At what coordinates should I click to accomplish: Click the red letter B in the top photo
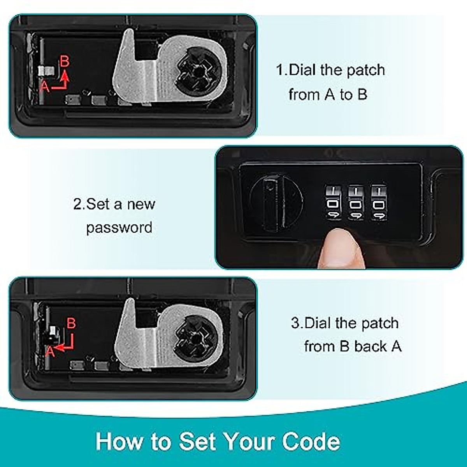point(65,61)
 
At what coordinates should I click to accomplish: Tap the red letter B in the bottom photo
point(71,323)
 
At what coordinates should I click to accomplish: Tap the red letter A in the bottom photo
point(50,352)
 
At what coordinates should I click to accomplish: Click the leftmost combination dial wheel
point(333,203)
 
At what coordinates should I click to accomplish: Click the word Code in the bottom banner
point(311,441)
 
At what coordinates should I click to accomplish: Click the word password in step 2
point(119,228)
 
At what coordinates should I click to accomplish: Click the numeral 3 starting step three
point(295,323)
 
